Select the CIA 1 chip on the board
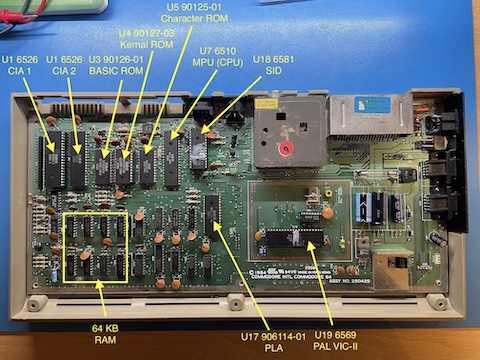tap(51, 163)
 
